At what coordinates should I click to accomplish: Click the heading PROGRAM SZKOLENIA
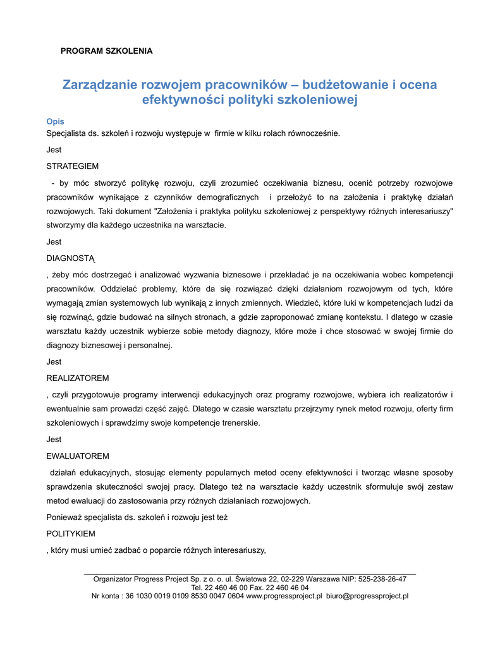(x=106, y=51)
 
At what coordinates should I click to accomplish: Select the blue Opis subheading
(x=56, y=121)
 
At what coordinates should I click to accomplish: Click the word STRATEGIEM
(x=73, y=166)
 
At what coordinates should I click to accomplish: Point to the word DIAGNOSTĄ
(x=71, y=258)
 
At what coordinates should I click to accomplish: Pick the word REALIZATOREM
(x=78, y=378)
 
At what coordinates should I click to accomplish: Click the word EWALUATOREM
(x=78, y=456)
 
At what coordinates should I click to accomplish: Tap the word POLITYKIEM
(x=71, y=534)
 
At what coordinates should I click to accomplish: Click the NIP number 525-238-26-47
(x=382, y=579)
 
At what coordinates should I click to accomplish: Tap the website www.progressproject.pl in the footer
(x=284, y=595)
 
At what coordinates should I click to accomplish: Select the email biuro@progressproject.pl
(x=367, y=595)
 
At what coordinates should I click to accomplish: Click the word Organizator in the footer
(x=114, y=579)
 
